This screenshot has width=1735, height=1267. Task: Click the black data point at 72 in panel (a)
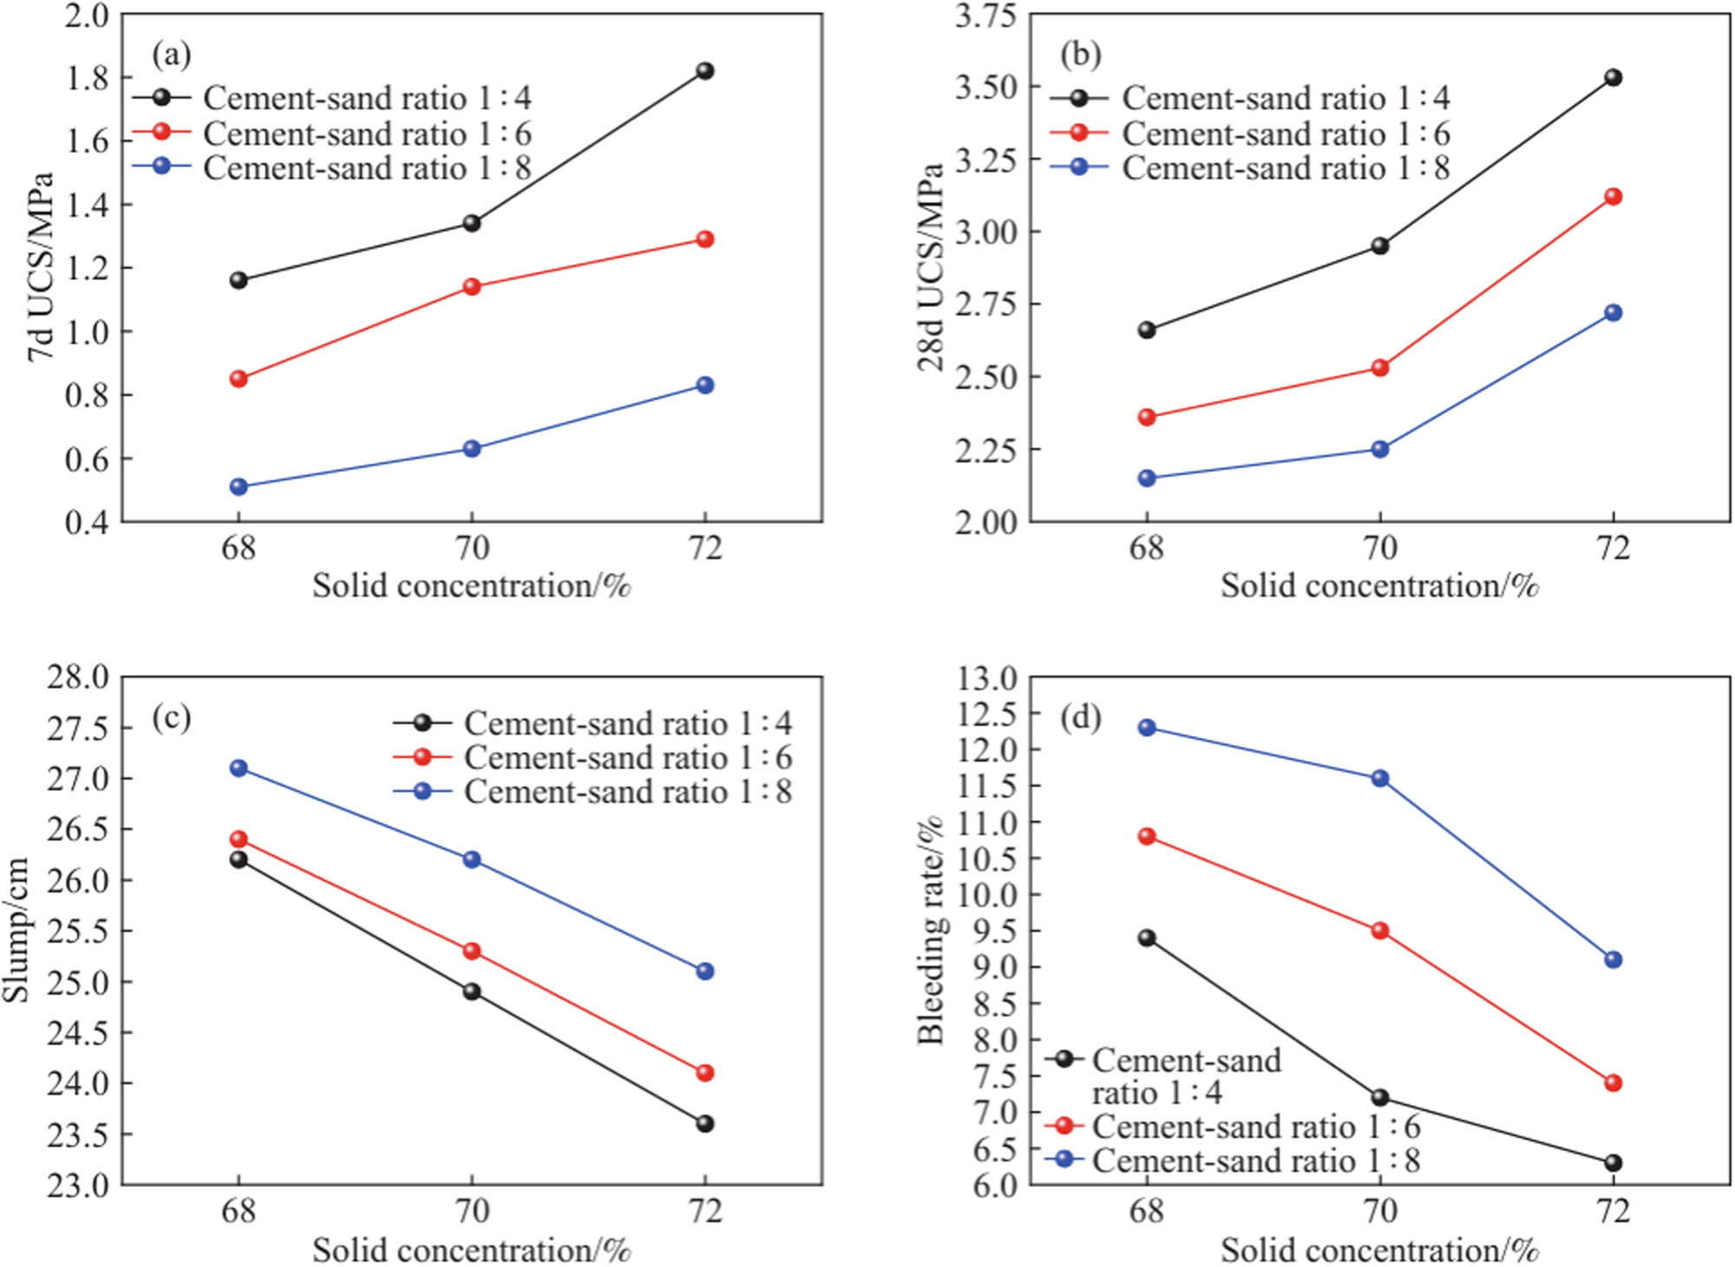click(x=704, y=71)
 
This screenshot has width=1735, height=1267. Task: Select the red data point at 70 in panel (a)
click(x=471, y=287)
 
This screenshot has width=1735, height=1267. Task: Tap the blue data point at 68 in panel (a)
click(x=239, y=487)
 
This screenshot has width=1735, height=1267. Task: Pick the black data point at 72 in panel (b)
click(x=1613, y=78)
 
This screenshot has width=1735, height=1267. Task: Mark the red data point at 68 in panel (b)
click(x=1147, y=417)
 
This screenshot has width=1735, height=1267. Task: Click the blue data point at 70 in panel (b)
click(x=1379, y=449)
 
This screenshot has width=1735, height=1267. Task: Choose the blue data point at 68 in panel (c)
click(x=239, y=768)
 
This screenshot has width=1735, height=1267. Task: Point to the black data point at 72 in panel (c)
click(x=704, y=1124)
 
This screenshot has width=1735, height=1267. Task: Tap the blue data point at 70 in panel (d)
click(x=1379, y=779)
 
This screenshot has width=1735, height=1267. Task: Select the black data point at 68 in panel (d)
click(x=1147, y=938)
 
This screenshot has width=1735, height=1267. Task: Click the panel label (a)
click(x=171, y=55)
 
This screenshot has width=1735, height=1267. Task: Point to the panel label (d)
click(x=1080, y=717)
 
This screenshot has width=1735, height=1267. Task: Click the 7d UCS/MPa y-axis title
click(x=41, y=267)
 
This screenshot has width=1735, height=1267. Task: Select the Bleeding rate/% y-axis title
click(x=930, y=930)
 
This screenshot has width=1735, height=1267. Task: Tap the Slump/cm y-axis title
click(x=17, y=930)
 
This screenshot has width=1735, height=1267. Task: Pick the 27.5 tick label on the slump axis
click(x=78, y=728)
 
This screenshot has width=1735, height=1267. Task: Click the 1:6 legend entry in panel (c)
click(x=593, y=758)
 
